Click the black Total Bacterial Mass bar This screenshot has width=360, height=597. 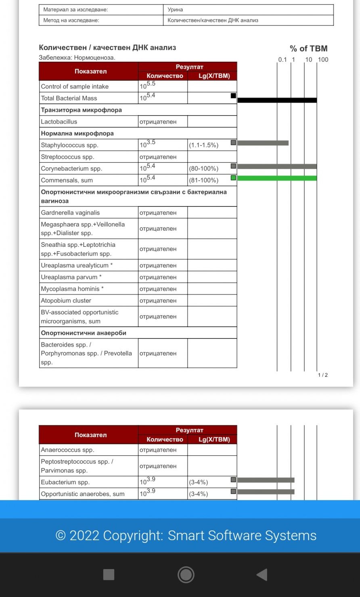[x=277, y=100]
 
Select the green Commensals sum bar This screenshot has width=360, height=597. [x=277, y=178]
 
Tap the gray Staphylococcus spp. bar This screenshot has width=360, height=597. [x=263, y=143]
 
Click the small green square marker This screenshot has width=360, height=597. [x=233, y=178]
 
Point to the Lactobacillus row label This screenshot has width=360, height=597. [x=59, y=122]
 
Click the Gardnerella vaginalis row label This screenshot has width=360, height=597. [x=70, y=212]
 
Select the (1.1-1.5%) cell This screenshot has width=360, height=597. [x=203, y=145]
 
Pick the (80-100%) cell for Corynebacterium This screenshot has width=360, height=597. [x=203, y=168]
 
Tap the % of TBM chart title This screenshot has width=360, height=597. [x=308, y=49]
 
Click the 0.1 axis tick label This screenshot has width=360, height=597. [x=282, y=60]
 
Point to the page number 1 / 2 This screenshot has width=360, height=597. [x=323, y=375]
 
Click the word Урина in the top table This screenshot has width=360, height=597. [x=175, y=9]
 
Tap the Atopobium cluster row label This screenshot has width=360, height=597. [x=66, y=301]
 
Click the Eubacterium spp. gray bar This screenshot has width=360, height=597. [x=266, y=480]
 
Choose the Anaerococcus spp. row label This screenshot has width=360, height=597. [x=67, y=450]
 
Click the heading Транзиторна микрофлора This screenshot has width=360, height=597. [x=81, y=110]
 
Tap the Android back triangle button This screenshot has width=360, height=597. [x=262, y=574]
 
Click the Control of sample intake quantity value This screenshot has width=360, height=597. [x=147, y=86]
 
